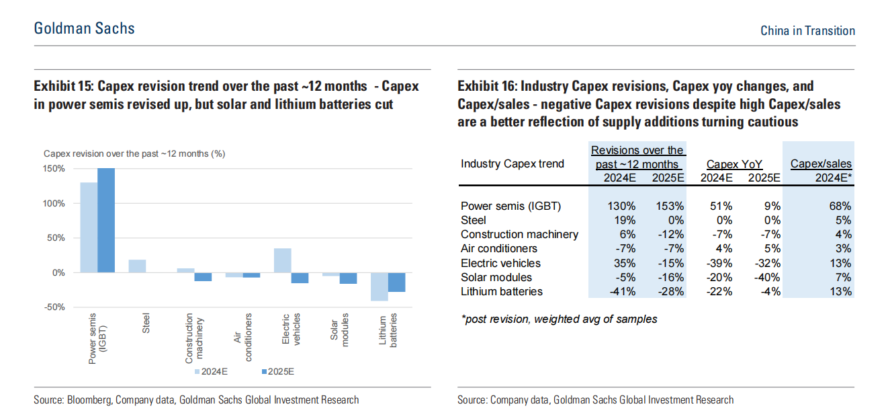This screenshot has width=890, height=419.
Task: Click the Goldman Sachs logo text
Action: point(85,28)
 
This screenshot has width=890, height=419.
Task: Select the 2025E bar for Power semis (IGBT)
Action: point(106,220)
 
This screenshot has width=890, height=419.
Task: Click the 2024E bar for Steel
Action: point(137,266)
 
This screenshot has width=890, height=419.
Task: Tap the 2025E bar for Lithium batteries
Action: point(396,282)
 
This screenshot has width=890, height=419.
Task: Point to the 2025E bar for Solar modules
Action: point(348,278)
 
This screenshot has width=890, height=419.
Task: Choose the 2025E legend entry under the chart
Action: point(277,371)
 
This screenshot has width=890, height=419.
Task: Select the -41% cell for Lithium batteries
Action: point(621,291)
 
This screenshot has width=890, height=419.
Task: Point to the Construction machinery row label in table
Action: point(519,234)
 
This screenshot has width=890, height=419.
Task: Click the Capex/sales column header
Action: point(821,163)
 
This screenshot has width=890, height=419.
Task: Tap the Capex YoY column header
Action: point(734,163)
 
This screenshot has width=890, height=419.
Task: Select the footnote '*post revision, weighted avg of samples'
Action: point(559,319)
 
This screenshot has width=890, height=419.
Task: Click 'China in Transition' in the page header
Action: point(807,30)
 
